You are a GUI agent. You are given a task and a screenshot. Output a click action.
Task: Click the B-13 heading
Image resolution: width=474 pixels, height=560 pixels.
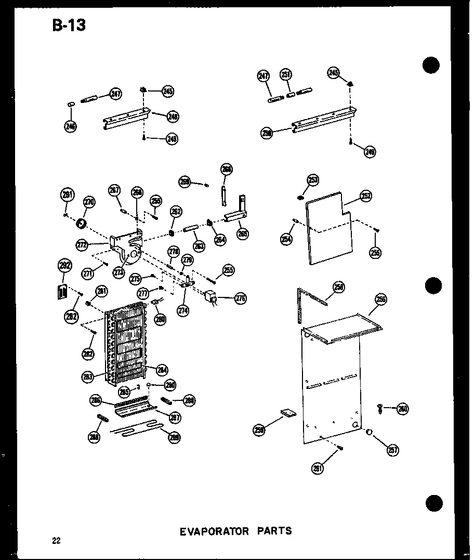[69, 24]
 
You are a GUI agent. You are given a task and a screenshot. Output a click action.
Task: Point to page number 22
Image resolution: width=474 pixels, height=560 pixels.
[56, 541]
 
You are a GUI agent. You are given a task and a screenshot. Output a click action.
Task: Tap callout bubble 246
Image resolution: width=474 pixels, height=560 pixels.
[70, 125]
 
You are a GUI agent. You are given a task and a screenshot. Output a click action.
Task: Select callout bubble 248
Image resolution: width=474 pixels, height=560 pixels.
[173, 117]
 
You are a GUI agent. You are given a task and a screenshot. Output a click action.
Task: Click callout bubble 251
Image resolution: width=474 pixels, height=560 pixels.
[286, 75]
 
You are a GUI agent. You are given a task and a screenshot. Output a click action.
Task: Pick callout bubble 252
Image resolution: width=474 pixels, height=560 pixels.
[365, 197]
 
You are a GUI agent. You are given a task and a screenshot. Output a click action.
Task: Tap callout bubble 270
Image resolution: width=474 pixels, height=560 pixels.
[89, 202]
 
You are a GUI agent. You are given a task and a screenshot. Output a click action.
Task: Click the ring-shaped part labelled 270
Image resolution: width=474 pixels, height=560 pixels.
[81, 224]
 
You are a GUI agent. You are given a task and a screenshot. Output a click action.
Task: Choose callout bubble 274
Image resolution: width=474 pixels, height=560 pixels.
[182, 310]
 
